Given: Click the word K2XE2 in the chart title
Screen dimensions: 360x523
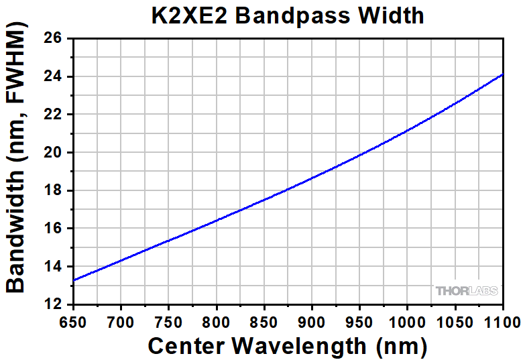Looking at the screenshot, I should (x=192, y=15).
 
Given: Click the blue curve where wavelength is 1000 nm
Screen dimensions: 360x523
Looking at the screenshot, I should (x=407, y=131).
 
